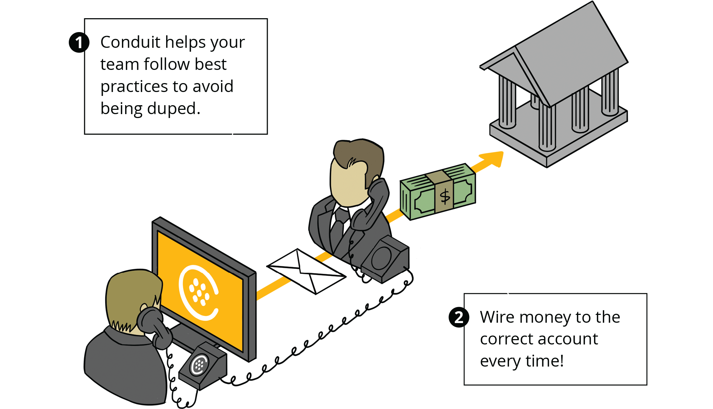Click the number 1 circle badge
79,43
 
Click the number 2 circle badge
459,317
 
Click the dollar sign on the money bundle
445,196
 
